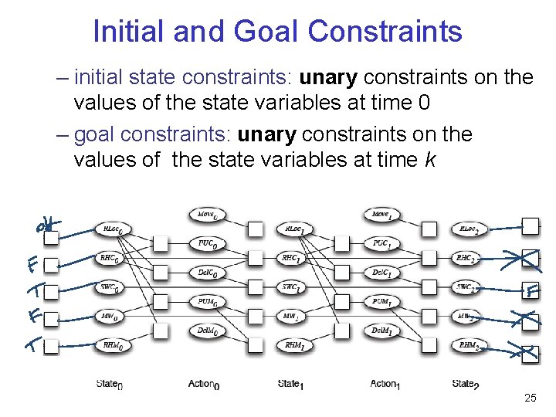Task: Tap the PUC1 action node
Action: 381,244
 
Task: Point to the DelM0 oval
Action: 206,331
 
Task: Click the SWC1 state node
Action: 292,287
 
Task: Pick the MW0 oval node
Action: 111,316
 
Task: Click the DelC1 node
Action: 381,273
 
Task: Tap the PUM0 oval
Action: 206,302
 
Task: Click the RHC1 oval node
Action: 292,259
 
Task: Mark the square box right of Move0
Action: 256,229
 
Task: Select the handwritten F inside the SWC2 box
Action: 531,291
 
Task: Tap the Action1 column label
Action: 385,383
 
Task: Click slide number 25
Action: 530,398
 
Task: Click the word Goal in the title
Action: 265,32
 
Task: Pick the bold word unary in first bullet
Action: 328,77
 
